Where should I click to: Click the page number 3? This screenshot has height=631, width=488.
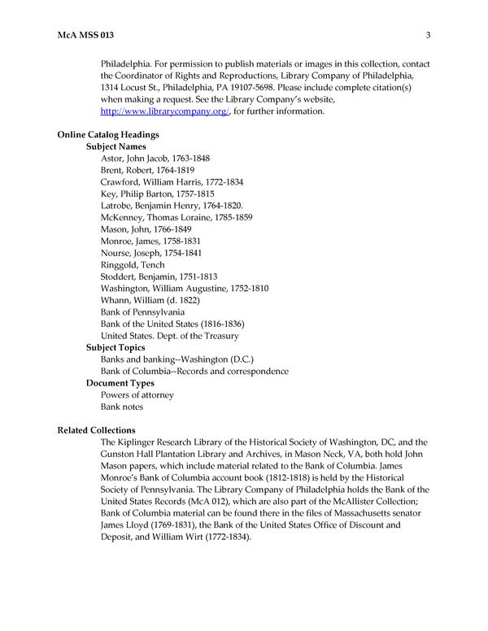point(427,34)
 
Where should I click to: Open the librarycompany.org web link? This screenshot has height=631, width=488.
point(165,111)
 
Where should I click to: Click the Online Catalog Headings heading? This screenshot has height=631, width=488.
point(108,134)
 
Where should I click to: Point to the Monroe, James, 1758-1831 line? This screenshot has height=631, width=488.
point(150,242)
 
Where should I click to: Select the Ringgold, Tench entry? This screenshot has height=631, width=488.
point(133,265)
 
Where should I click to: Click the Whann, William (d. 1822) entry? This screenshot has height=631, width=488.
point(149,300)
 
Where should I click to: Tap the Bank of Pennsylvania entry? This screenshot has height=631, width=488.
point(142,312)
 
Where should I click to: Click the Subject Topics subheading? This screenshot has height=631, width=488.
point(116,347)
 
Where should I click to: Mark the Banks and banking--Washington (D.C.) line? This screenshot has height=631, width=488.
point(177,359)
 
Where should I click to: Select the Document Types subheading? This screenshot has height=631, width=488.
point(120,383)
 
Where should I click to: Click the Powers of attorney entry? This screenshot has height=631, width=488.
point(137,394)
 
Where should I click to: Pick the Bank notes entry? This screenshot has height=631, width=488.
point(123,407)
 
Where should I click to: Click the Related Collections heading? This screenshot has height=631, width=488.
point(97,430)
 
